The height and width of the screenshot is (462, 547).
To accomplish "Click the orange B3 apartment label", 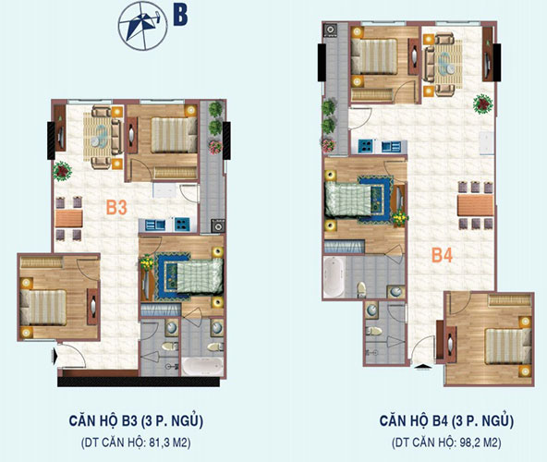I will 115,208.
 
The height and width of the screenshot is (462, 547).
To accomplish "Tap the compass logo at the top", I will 140,22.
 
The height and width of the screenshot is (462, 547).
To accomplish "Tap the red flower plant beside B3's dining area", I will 63,170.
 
